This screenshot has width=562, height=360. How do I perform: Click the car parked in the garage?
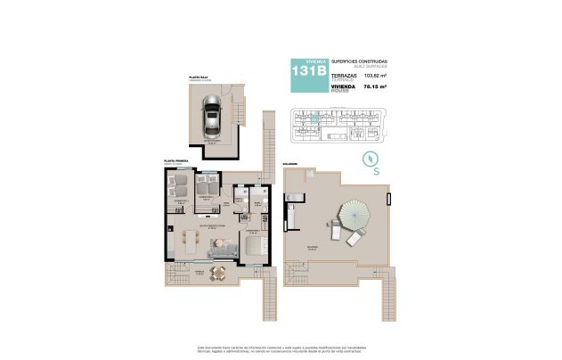(212, 116)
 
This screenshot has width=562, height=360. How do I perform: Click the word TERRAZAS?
(344, 76)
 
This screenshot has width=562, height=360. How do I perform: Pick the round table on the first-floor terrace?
(218, 274)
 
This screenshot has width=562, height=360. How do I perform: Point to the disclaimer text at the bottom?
(281, 348)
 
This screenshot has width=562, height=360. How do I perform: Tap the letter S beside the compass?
(377, 170)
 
